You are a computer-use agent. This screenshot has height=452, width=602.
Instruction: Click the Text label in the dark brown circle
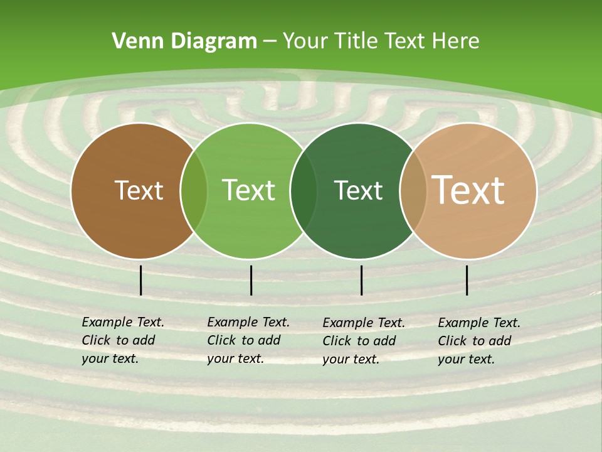point(139,190)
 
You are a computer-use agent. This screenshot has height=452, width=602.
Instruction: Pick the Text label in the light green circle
point(249,190)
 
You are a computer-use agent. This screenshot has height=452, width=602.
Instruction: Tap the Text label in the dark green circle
point(358,190)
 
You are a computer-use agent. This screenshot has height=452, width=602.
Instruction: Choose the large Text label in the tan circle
point(468,190)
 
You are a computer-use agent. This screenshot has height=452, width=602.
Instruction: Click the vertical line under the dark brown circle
point(140,280)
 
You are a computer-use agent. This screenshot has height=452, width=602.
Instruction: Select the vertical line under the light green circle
point(251,280)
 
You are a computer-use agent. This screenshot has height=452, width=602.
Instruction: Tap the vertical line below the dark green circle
point(361,280)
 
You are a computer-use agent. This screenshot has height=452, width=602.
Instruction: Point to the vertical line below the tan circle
point(467,280)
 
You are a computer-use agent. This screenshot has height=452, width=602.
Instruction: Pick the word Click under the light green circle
point(221,340)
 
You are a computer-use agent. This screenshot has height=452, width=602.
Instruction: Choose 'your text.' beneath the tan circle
point(467,359)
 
